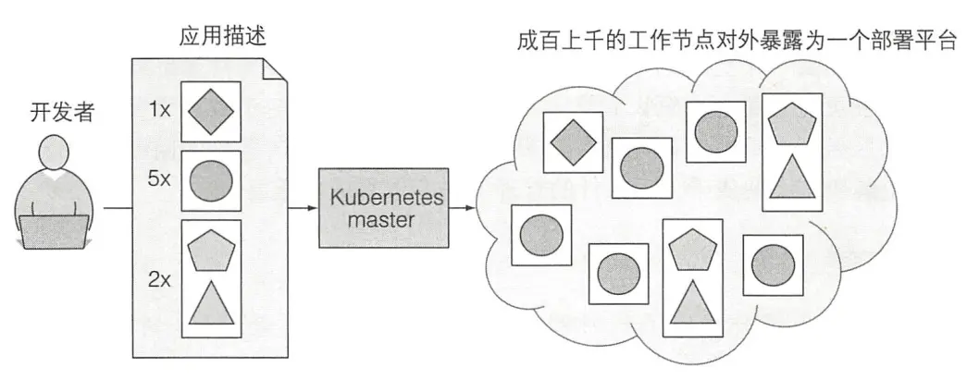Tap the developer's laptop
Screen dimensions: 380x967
(x=56, y=230)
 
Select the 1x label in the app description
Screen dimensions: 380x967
(x=160, y=110)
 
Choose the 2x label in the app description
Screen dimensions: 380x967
(x=160, y=278)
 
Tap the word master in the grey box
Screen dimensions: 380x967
(x=383, y=220)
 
